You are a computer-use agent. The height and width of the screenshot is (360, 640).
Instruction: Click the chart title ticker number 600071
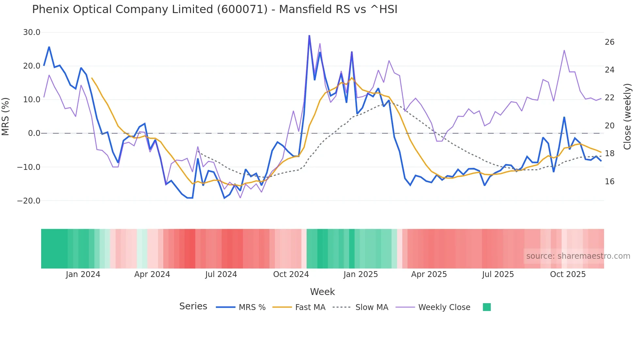(242, 9)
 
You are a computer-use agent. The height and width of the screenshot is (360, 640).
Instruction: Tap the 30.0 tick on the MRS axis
(32, 32)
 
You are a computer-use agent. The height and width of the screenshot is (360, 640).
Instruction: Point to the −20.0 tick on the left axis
(29, 201)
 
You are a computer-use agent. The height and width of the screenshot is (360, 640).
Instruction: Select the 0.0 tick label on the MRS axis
(34, 133)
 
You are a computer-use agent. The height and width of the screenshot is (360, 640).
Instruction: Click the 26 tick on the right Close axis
(610, 42)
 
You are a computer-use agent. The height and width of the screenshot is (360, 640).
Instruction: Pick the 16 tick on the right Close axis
(610, 182)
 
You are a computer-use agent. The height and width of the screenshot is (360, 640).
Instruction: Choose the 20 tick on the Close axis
(610, 126)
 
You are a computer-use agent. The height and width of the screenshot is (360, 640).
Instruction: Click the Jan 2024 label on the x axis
(83, 274)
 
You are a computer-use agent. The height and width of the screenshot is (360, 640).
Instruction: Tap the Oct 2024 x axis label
(291, 274)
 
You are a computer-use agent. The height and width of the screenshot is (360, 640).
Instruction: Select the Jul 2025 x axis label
(498, 274)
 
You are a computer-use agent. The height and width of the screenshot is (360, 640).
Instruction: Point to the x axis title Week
(322, 292)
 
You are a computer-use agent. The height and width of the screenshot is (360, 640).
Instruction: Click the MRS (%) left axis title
(6, 117)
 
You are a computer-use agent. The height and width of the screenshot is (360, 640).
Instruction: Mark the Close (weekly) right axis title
(627, 117)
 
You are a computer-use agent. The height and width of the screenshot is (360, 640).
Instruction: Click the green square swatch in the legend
(487, 307)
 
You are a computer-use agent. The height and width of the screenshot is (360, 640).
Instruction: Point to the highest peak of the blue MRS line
(309, 36)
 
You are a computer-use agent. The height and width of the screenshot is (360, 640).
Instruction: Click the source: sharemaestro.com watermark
(578, 256)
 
